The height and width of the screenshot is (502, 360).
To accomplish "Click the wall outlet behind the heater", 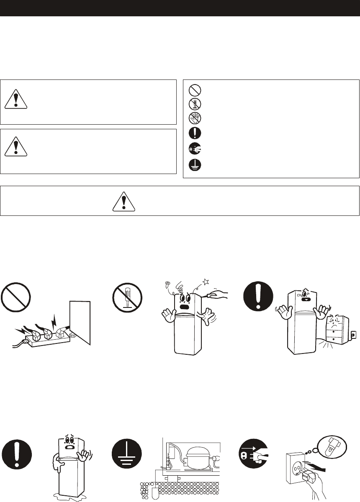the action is click(x=352, y=334).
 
